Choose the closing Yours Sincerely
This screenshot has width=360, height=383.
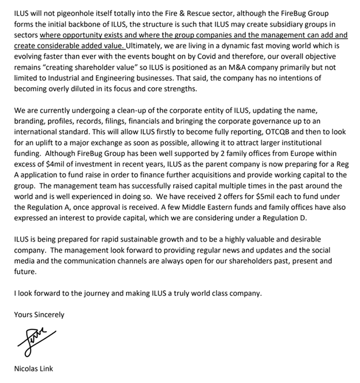pyautogui.click(x=39, y=314)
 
